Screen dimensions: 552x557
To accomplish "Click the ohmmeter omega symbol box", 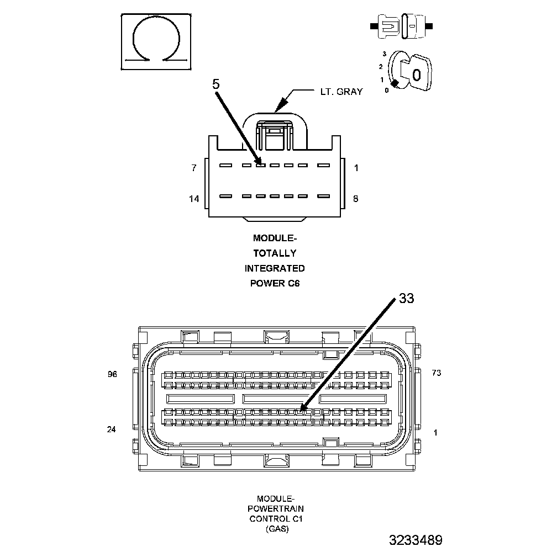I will [157, 41].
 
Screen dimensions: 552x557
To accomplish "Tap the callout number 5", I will [216, 84].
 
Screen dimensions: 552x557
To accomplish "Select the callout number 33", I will [406, 299].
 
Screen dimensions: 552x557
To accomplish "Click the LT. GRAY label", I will [341, 92].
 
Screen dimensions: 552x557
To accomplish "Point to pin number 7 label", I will [193, 168].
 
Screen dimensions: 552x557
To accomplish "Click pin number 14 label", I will [193, 199].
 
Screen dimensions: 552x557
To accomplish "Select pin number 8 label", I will [355, 199].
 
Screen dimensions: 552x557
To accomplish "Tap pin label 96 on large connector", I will [113, 374].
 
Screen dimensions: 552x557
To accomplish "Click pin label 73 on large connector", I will [437, 373].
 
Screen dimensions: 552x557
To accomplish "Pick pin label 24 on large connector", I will [112, 429].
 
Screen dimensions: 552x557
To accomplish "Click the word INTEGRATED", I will [275, 269].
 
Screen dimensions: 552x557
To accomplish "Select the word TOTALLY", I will [275, 254].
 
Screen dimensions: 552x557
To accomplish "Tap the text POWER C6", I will [275, 284].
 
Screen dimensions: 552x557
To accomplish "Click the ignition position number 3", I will [384, 54].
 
